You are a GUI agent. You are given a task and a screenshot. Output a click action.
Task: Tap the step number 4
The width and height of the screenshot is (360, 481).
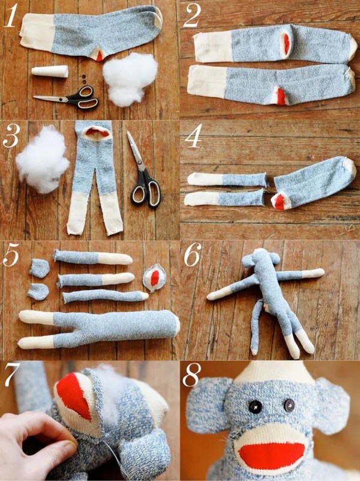click(x=193, y=136)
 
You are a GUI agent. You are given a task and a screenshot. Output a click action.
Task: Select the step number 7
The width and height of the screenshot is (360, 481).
click(x=12, y=375)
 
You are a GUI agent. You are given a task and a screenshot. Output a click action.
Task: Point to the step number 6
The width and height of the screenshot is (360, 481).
click(x=193, y=255)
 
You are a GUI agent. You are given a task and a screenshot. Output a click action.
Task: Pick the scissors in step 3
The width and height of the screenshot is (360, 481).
click(x=143, y=174)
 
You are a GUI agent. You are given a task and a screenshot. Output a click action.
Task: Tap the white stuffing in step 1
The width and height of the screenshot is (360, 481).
click(x=130, y=79)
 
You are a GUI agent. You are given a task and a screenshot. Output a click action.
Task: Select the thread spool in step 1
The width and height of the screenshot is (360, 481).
click(x=50, y=71)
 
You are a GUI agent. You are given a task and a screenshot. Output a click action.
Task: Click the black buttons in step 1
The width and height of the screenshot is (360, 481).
click(x=83, y=79)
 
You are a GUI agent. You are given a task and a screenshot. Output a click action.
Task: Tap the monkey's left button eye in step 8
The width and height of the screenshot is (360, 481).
click(x=255, y=407)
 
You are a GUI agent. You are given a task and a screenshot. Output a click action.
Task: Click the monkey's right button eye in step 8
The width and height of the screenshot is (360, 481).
click(x=289, y=405)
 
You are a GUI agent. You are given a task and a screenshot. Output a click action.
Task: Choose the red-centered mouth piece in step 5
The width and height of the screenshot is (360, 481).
click(x=154, y=277)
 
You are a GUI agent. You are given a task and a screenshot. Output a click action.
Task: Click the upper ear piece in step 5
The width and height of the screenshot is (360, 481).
click(x=40, y=268)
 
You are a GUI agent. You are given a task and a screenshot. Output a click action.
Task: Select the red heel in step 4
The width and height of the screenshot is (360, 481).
click(x=280, y=201)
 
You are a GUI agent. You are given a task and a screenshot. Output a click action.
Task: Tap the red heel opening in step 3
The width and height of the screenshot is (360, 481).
click(x=97, y=133)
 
